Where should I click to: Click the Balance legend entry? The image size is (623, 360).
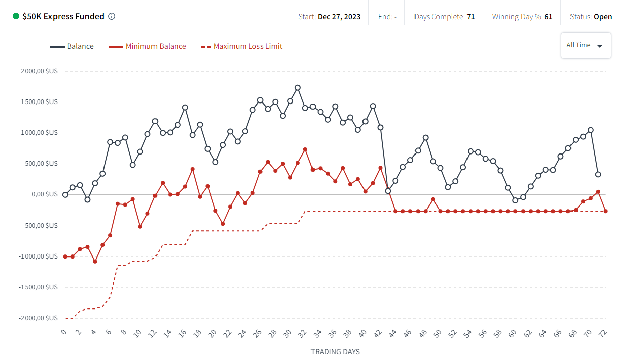click(80, 46)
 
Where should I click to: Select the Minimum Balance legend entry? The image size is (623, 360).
click(155, 46)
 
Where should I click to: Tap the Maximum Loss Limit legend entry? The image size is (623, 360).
click(247, 46)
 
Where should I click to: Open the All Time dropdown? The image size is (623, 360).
click(586, 45)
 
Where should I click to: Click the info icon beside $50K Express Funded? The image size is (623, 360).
click(112, 16)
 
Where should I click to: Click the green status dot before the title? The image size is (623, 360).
click(16, 16)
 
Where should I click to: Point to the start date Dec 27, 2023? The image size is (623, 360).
click(339, 17)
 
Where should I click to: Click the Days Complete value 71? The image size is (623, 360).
click(471, 17)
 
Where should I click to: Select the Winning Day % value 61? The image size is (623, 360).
click(548, 17)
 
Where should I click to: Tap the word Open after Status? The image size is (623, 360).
click(603, 17)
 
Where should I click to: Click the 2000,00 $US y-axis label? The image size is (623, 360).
click(39, 71)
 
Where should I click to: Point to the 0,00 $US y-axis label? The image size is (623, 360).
click(45, 194)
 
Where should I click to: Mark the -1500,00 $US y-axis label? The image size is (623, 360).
click(38, 287)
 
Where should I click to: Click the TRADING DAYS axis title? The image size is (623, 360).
click(335, 352)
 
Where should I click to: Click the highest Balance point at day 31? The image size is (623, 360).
click(298, 88)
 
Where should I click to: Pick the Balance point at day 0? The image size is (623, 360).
click(65, 195)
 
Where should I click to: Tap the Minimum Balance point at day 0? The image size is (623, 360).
click(65, 256)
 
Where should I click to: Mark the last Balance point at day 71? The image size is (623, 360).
click(598, 174)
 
